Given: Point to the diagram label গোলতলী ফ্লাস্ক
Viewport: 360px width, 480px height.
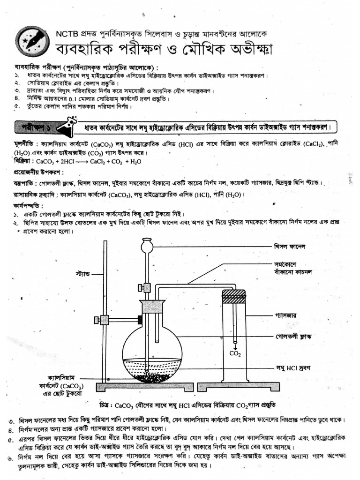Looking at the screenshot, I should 290,337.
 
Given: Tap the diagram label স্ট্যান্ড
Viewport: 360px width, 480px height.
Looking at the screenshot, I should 82,272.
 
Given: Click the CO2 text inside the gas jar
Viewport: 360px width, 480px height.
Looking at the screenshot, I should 235,354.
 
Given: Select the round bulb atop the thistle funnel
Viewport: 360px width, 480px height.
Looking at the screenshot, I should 148,245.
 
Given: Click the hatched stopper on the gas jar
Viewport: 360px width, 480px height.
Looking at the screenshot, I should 233,296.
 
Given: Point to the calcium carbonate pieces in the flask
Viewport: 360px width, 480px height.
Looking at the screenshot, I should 151,376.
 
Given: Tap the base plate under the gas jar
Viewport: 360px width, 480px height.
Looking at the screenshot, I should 238,386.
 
